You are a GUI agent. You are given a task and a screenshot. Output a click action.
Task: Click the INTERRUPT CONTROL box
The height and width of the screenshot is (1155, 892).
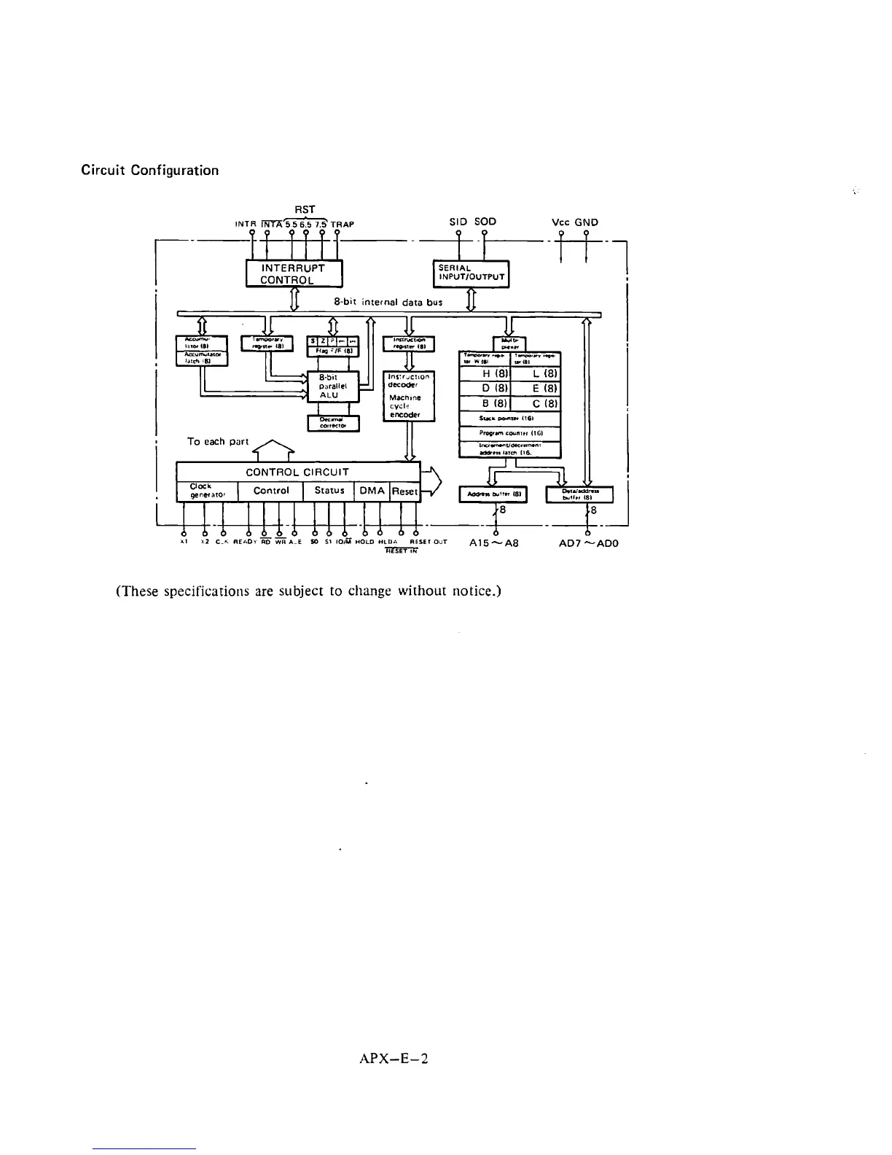coord(294,273)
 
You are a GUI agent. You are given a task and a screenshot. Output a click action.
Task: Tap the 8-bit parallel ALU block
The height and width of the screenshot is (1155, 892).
coord(333,386)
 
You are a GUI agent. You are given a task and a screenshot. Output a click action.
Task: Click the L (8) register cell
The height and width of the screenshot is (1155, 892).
coord(536,373)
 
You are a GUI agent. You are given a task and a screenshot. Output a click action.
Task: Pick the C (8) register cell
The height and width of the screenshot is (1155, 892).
coord(536,403)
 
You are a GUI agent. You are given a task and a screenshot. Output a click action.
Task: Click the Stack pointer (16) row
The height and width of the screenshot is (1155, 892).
coord(509,419)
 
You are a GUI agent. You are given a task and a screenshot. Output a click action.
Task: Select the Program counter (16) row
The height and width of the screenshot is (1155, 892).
coord(509,432)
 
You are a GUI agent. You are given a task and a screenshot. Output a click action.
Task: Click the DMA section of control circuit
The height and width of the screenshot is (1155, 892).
coord(372,491)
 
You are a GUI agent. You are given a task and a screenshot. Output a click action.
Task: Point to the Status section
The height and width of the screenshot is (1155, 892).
coord(329,491)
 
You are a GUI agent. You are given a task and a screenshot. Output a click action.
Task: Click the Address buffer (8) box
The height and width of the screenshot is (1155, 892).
coord(492,494)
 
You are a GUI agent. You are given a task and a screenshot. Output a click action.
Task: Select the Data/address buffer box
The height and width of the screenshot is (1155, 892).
coord(580,494)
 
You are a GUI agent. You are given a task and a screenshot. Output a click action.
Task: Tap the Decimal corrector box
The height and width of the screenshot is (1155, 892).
coord(333,423)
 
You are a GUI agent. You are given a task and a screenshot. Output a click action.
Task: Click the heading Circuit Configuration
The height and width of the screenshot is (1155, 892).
coord(149,171)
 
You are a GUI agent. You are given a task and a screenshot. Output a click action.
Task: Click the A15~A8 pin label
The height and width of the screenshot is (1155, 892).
coord(494,543)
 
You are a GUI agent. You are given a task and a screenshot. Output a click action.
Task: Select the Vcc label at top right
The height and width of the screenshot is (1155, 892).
coord(561,222)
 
